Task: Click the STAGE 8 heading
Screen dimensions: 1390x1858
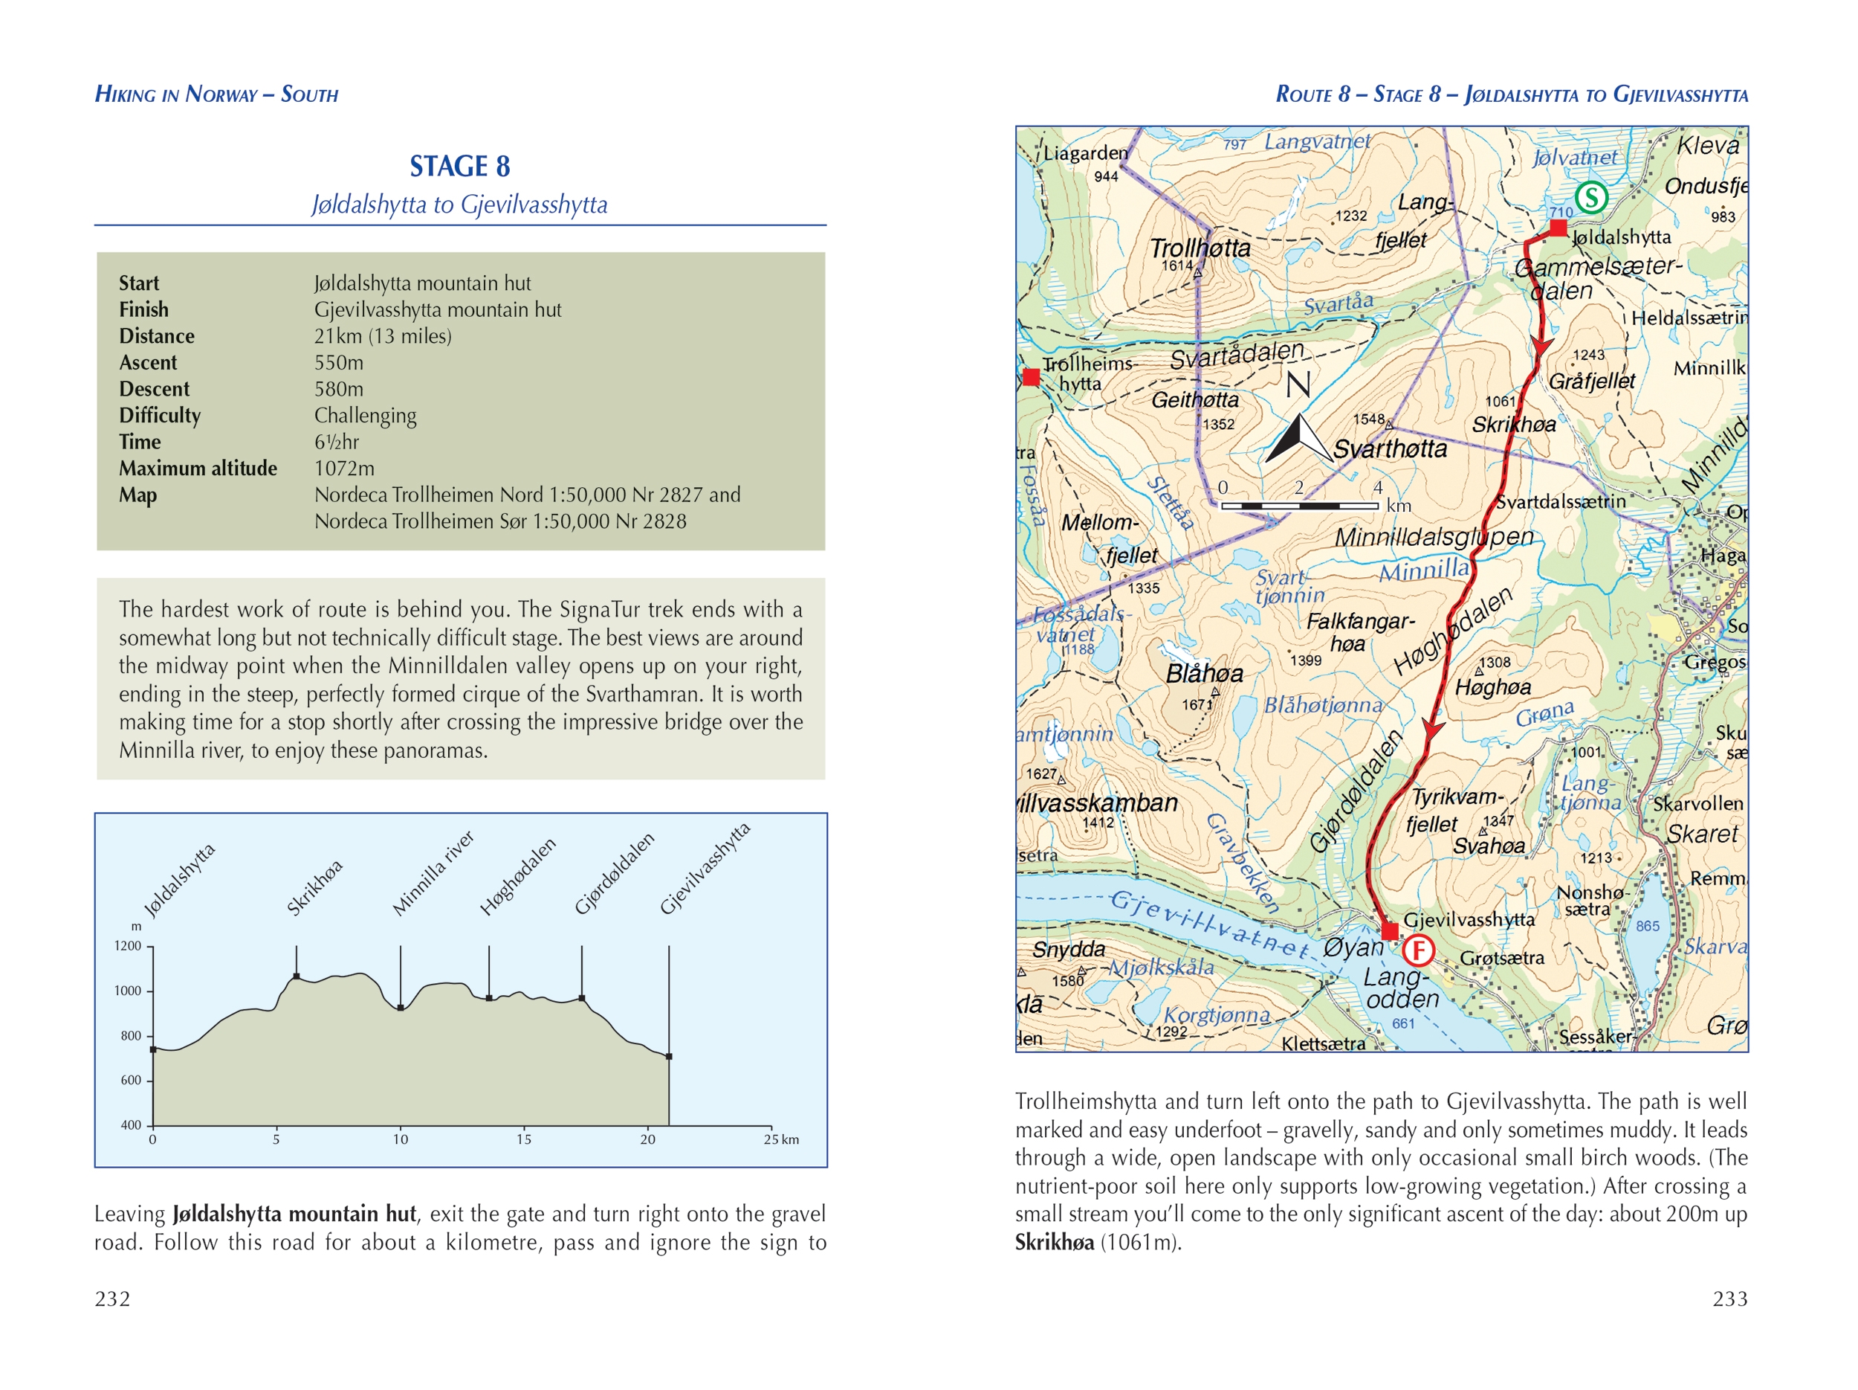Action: pyautogui.click(x=459, y=167)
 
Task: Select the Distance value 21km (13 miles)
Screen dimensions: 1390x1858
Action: pyautogui.click(x=382, y=336)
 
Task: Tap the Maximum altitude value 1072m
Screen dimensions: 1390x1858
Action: pyautogui.click(x=344, y=468)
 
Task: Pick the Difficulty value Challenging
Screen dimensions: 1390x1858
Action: pyautogui.click(x=365, y=415)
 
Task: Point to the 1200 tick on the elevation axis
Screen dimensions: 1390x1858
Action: pyautogui.click(x=129, y=946)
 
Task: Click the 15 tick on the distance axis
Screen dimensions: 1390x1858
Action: pyautogui.click(x=523, y=1139)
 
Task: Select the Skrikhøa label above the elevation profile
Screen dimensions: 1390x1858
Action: pyautogui.click(x=315, y=887)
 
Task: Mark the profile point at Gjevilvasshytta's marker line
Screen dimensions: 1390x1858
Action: pyautogui.click(x=669, y=1056)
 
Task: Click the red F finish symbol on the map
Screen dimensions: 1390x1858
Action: pyautogui.click(x=1419, y=950)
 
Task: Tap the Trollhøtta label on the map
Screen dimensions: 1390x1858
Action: pyautogui.click(x=1200, y=248)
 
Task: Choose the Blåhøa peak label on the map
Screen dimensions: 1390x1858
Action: pyautogui.click(x=1204, y=673)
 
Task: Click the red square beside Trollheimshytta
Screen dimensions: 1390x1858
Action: pyautogui.click(x=1032, y=377)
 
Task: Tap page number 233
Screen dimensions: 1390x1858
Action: pyautogui.click(x=1729, y=1299)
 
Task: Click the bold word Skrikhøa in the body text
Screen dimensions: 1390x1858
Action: pyautogui.click(x=1054, y=1242)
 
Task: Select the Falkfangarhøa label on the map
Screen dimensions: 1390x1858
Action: pyautogui.click(x=1359, y=632)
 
